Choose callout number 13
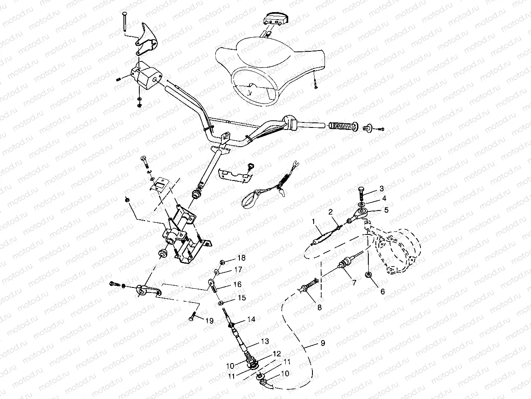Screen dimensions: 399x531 click(x=265, y=341)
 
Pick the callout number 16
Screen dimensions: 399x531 click(x=237, y=284)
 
